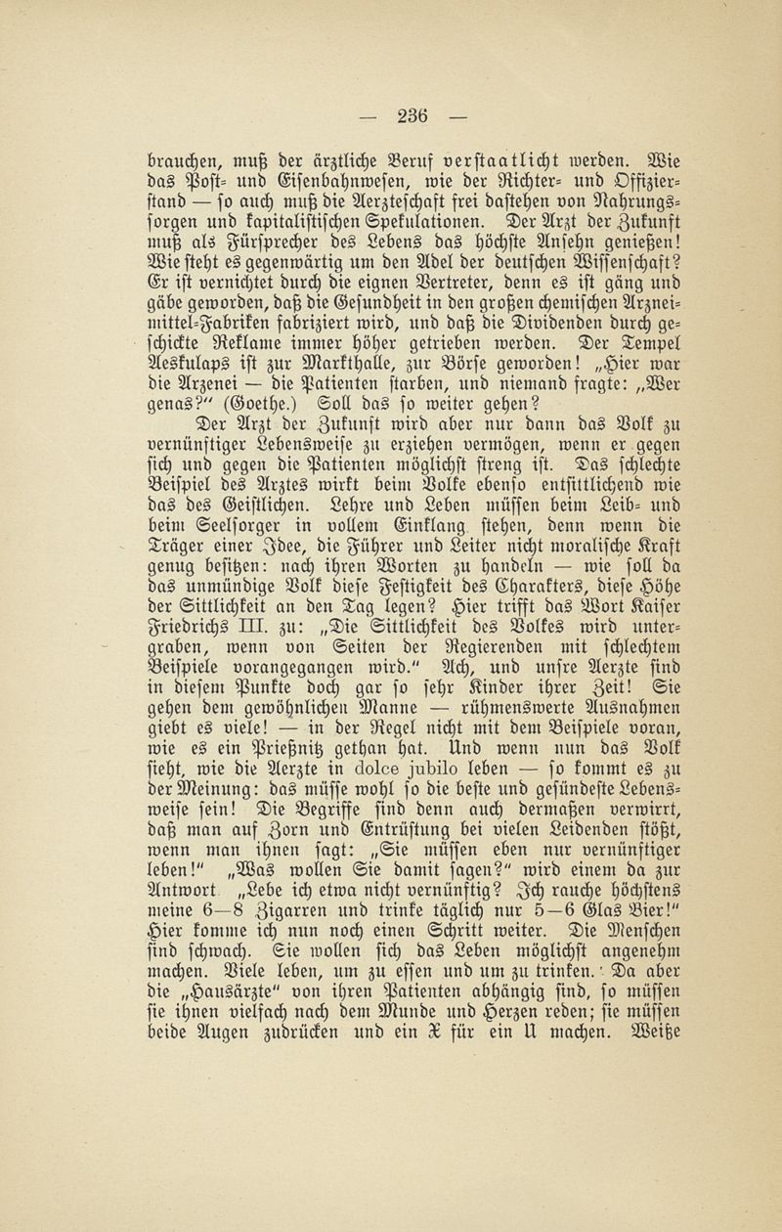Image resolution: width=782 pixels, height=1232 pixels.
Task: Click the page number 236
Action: click(411, 114)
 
